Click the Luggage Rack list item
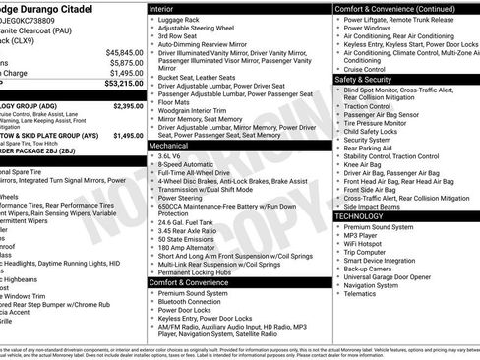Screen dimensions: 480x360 point(182,19)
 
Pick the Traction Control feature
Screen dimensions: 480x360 point(371,104)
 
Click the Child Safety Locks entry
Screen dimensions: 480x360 point(375,130)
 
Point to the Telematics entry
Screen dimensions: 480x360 point(364,293)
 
